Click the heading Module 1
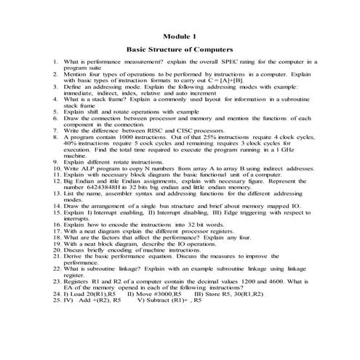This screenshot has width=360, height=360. [x=180, y=36]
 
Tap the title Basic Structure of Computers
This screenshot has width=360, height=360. [x=180, y=50]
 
